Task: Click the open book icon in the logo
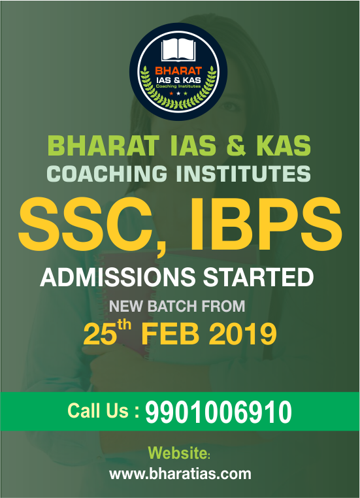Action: tap(178, 50)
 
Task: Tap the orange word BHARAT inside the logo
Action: tap(178, 71)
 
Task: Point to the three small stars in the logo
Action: tap(178, 93)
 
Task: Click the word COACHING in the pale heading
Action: tap(107, 173)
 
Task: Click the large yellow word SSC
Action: tap(90, 224)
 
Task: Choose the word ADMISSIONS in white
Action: tap(118, 277)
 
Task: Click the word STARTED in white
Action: tap(258, 277)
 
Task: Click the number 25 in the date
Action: tap(100, 334)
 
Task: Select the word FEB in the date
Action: tap(170, 334)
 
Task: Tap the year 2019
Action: tap(242, 334)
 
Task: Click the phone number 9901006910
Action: tap(218, 412)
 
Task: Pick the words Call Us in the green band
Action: tap(98, 410)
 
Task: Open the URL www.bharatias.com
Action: tap(180, 474)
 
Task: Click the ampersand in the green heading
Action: tap(236, 145)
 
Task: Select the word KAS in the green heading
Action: tap(284, 145)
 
